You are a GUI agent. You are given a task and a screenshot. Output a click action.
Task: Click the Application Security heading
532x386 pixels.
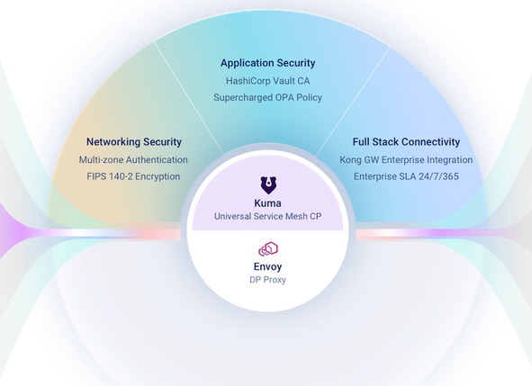(267, 63)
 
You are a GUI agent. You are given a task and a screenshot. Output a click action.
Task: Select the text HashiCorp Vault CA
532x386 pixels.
(267, 81)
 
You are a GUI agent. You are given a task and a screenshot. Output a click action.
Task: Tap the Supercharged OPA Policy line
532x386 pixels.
(267, 98)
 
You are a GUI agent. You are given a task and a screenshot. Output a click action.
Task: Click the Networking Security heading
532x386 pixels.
(134, 142)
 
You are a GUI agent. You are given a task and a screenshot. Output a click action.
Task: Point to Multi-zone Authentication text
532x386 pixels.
(133, 160)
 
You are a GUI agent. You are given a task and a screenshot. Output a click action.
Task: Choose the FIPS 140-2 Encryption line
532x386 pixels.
(133, 176)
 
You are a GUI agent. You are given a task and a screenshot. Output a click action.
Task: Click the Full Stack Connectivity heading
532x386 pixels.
(406, 142)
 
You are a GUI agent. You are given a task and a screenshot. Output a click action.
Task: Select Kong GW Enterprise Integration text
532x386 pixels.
(406, 160)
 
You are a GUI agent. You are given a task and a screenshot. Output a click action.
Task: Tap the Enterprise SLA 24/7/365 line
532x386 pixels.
(406, 176)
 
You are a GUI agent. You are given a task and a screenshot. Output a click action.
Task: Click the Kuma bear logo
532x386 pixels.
(268, 185)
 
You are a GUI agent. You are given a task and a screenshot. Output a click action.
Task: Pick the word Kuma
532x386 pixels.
(267, 203)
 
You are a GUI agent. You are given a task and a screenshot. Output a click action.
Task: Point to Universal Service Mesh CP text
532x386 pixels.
(267, 217)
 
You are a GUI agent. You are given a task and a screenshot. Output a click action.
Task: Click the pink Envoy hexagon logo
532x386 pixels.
(268, 249)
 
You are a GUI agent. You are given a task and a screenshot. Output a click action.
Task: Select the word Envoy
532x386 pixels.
(267, 267)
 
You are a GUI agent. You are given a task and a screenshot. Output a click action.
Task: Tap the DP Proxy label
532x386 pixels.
(267, 280)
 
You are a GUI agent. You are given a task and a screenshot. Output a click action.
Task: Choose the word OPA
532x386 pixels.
(284, 98)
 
